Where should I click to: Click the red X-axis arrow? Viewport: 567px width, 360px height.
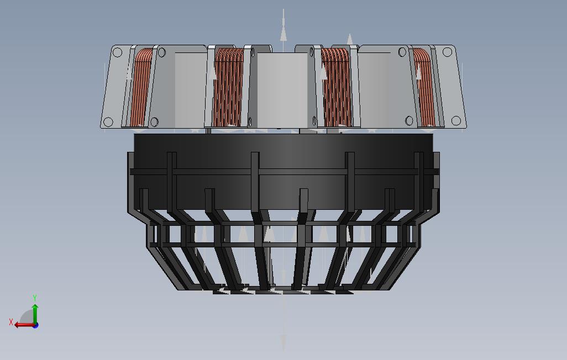pos(25,325)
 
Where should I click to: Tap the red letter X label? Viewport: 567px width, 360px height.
pos(11,322)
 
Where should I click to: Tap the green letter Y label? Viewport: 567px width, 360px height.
pos(35,298)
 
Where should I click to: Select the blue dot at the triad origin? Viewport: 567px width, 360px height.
pos(35,325)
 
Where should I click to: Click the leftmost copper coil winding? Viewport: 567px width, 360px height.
pos(140,87)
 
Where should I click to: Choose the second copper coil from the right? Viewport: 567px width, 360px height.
pos(337,87)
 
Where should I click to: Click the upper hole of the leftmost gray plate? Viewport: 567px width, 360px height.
pos(117,53)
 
